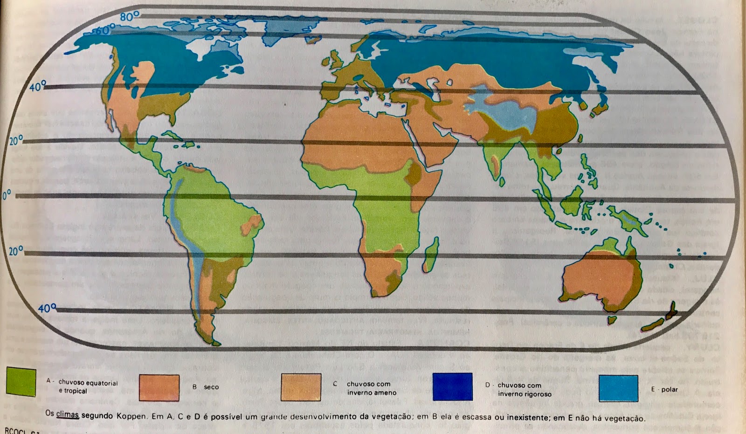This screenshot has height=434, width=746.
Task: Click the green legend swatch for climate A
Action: [21, 382]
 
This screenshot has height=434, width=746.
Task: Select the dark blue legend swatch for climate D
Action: [452, 386]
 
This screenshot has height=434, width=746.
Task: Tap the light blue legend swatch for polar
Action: [618, 388]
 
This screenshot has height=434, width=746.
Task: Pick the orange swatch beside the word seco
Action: [159, 387]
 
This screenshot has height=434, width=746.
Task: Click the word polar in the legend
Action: [669, 389]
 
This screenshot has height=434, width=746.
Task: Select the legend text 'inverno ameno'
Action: [372, 393]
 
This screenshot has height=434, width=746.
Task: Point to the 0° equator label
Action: [6, 195]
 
